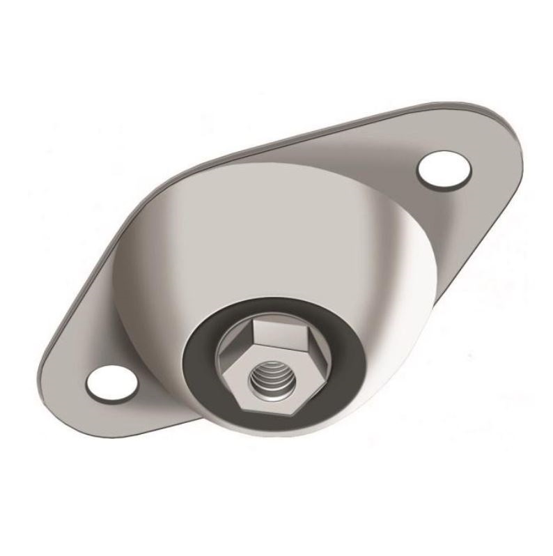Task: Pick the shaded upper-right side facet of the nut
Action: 311,348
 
